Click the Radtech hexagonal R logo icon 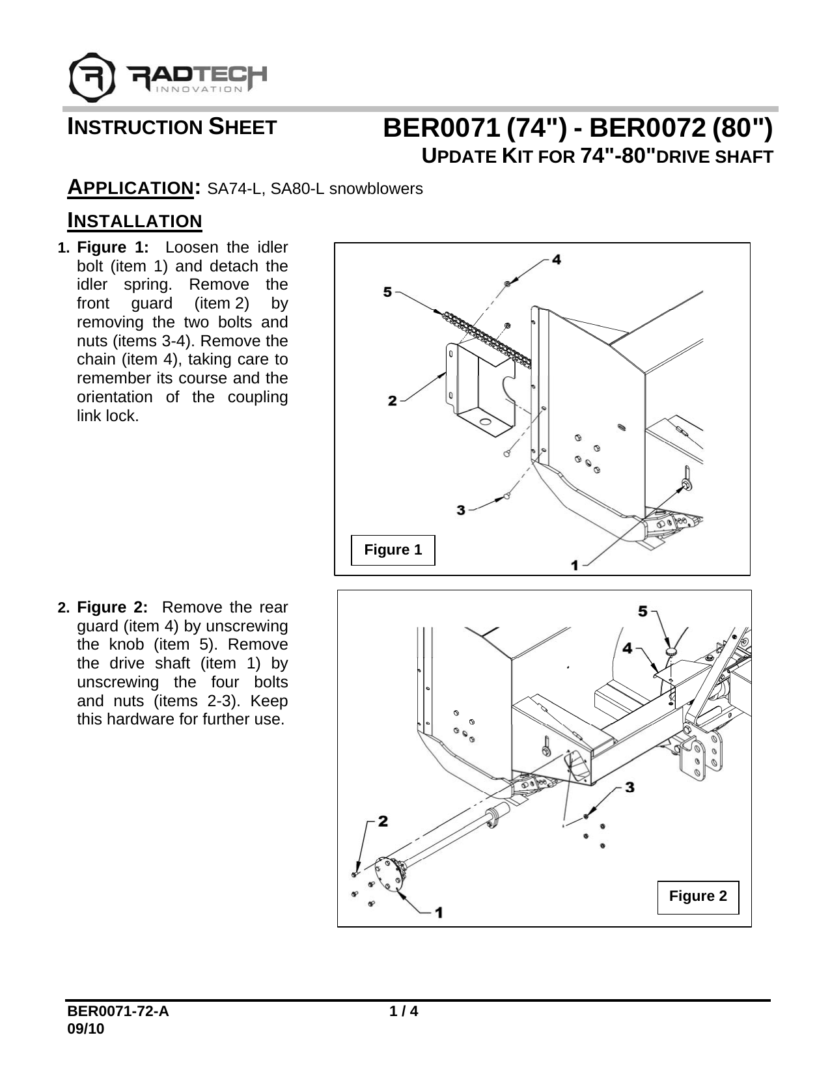92,77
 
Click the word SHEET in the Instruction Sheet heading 242,127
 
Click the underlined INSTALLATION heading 135,221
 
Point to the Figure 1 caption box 393,550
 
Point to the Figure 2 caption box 698,896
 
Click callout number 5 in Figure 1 387,292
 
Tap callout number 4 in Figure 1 557,259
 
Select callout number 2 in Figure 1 392,401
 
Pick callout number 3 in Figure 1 461,510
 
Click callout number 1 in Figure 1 575,566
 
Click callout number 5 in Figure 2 643,611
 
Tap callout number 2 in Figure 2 383,821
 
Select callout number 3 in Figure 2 629,787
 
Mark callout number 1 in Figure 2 439,912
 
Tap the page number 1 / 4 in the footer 403,1012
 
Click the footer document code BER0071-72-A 117,1012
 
